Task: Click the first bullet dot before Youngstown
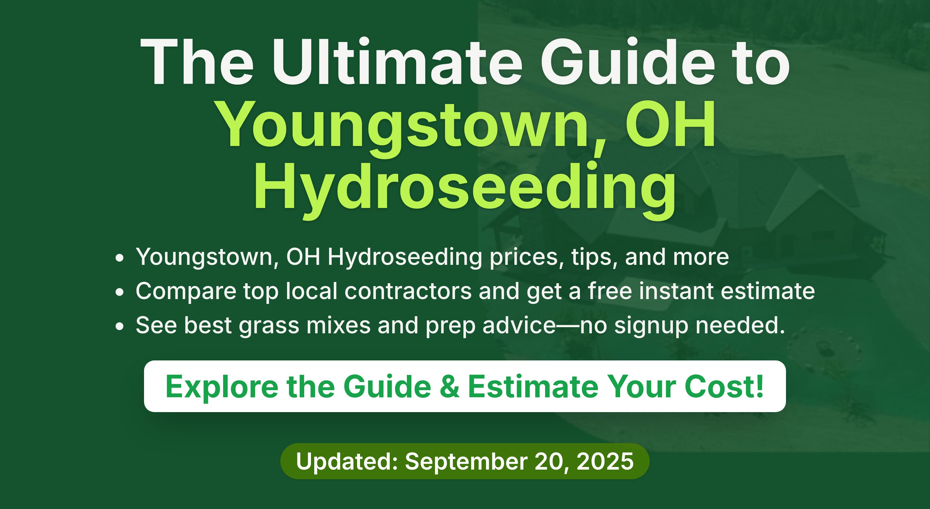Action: pyautogui.click(x=119, y=258)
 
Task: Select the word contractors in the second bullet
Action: pyautogui.click(x=408, y=291)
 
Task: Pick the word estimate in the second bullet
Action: pyautogui.click(x=768, y=291)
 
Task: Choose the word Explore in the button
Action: pyautogui.click(x=222, y=387)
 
